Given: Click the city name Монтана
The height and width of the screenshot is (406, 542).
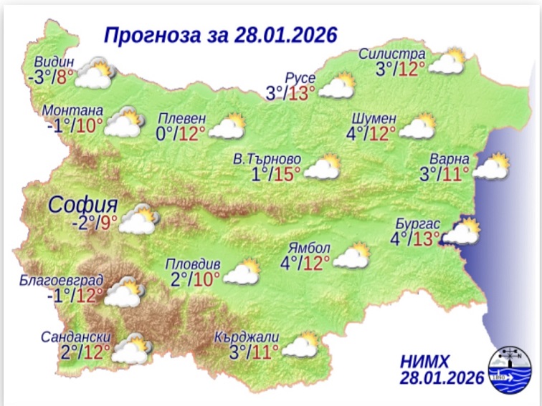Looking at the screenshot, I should (73, 111).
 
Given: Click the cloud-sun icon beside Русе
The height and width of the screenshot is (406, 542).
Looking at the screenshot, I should (338, 86).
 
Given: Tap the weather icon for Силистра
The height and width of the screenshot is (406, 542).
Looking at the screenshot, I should (447, 62).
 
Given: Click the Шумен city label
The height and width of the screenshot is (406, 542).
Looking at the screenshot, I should (374, 118).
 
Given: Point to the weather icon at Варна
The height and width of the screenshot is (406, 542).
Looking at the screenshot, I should (492, 167).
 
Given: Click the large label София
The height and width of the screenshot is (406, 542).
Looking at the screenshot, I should (78, 206).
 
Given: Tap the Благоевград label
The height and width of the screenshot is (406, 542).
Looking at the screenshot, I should (62, 279).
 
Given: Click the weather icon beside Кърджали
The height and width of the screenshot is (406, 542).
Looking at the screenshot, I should (301, 345).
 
